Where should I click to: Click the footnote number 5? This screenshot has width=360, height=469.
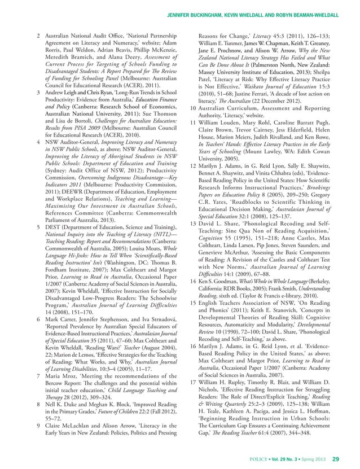pyautogui.click(x=38, y=226)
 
